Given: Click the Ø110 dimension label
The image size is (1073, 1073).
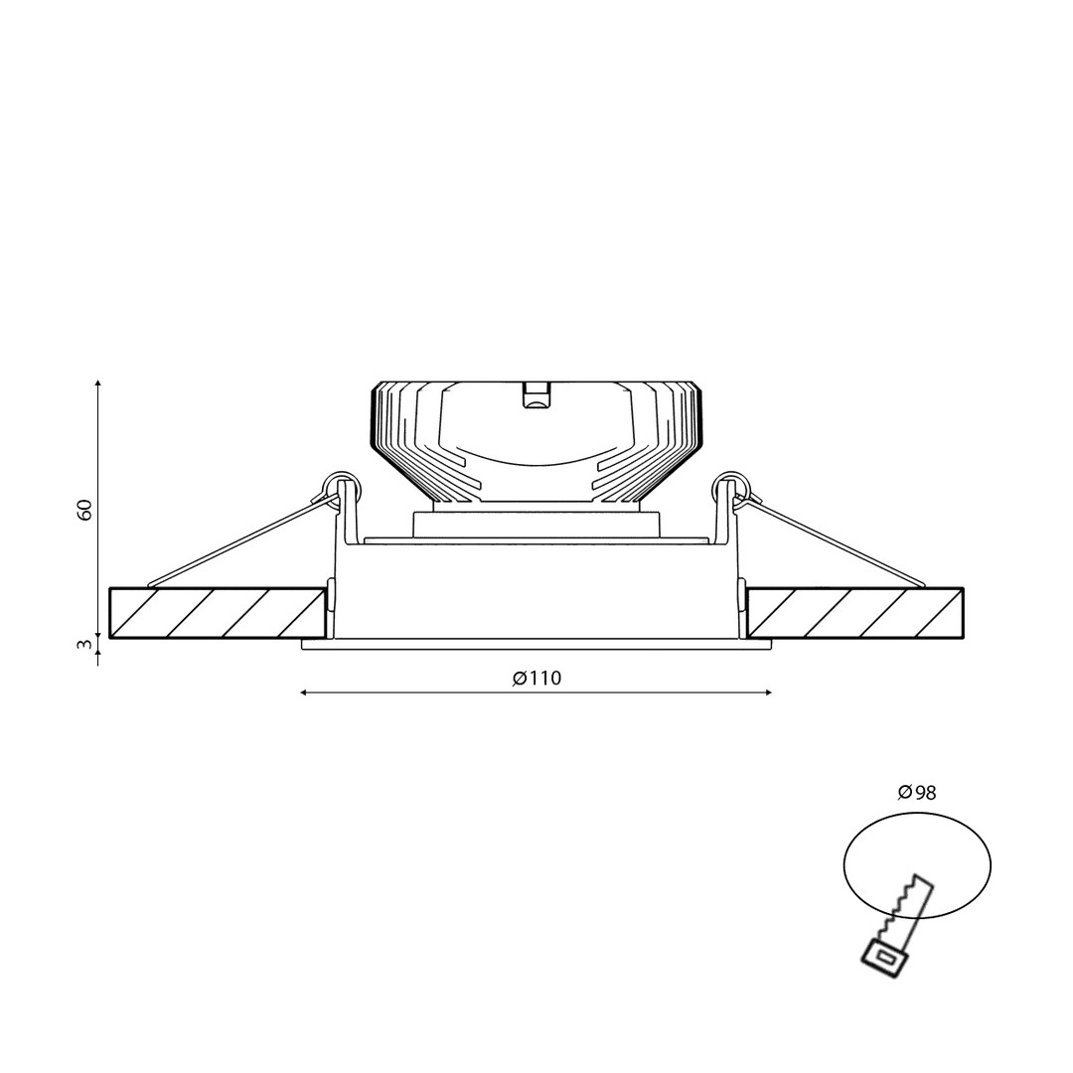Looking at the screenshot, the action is click(x=536, y=679).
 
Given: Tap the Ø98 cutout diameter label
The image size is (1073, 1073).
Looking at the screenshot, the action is click(x=917, y=793).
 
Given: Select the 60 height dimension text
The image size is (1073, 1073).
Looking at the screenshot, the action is click(x=84, y=510).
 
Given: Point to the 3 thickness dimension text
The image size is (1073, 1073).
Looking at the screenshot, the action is click(x=84, y=644).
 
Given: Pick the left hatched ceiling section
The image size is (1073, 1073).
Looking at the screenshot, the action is click(x=218, y=613).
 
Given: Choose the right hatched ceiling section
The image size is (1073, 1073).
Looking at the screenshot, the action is click(x=855, y=613).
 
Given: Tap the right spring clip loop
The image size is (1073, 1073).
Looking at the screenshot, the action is click(x=732, y=486).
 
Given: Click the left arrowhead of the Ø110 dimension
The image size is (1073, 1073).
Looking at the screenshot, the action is click(x=305, y=693).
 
